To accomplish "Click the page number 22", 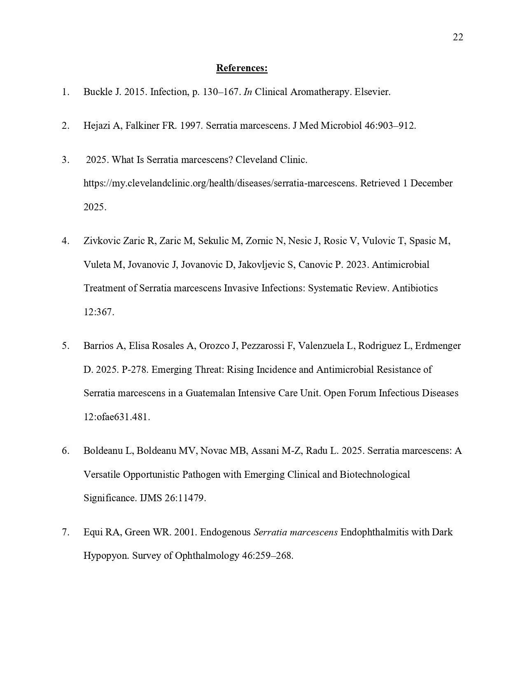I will (458, 37).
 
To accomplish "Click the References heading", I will (242, 68).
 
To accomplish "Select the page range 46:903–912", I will (390, 126).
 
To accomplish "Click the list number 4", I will (65, 241).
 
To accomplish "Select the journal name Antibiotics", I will (415, 288).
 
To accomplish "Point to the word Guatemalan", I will (211, 393).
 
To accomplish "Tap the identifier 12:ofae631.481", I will (117, 417).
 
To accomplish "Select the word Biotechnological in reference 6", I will (374, 474).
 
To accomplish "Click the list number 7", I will (65, 532).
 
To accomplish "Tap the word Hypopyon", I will (106, 556).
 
